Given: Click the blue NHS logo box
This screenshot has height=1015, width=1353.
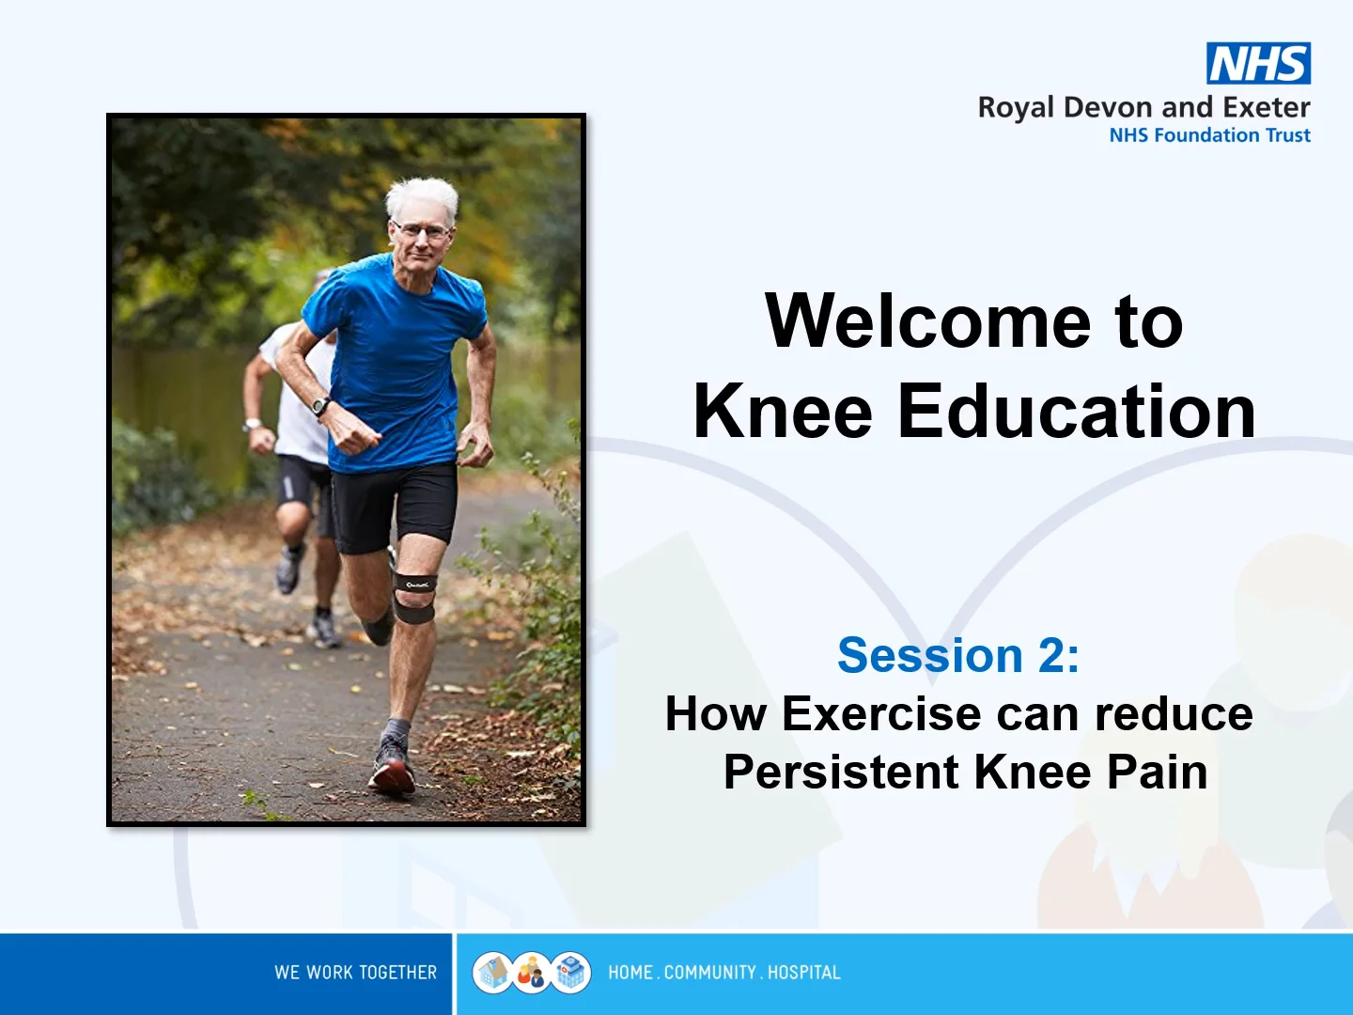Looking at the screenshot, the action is (x=1258, y=63).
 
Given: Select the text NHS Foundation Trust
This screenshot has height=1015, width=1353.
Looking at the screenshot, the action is (x=1209, y=135).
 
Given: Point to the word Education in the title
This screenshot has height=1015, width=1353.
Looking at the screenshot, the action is (x=1076, y=411).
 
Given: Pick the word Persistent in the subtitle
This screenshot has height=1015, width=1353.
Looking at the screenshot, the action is (x=841, y=772).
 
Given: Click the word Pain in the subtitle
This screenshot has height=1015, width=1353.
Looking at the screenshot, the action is (x=1157, y=772).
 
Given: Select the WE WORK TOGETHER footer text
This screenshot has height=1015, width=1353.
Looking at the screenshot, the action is (x=356, y=973).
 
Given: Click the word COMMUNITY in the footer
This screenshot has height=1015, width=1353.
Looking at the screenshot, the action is (x=709, y=973).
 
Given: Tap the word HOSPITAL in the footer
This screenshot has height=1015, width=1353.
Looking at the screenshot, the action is (x=803, y=973).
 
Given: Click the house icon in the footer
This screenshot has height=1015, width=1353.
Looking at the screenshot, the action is (x=492, y=973).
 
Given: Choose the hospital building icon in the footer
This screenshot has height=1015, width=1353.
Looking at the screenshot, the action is (x=570, y=973).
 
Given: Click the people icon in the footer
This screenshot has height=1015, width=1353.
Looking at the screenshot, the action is (x=532, y=973).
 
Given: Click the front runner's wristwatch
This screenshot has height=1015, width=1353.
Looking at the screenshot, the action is (x=320, y=406).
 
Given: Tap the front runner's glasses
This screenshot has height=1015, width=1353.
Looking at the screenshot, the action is (x=423, y=231).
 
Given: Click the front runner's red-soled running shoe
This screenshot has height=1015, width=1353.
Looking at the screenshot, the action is (x=392, y=767).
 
